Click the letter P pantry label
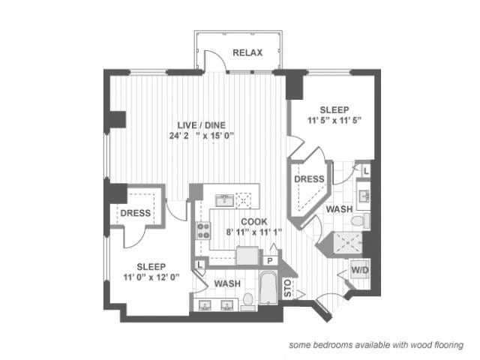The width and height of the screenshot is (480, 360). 269,259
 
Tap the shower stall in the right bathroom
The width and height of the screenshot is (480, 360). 344,241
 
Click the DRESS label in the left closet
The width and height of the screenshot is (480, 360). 136,213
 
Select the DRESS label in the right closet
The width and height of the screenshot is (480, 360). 308,179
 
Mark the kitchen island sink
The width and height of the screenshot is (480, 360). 223,200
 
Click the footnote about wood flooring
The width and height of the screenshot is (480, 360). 377,345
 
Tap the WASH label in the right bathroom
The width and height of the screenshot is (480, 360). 339,209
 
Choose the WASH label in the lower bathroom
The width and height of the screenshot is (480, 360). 226,284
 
